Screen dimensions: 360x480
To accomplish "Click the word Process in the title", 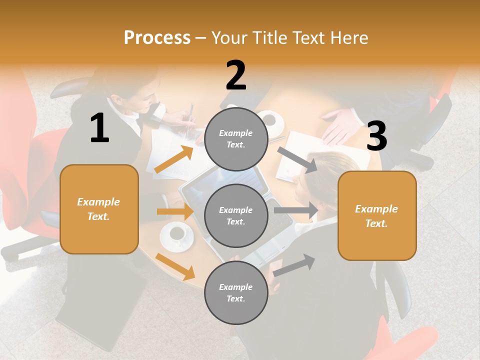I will [157, 38].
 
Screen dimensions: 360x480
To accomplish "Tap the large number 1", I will [99, 128].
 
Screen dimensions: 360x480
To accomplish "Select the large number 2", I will [236, 76].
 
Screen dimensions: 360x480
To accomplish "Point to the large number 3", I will [376, 136].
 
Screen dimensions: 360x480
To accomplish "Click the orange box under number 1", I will [99, 209].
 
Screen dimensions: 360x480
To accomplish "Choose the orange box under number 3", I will [377, 216].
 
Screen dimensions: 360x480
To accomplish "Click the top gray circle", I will [236, 139].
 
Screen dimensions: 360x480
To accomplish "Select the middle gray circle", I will [236, 216].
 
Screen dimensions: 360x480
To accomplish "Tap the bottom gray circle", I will [236, 293].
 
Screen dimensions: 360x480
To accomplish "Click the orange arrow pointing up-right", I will [174, 159].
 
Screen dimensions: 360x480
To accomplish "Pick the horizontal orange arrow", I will [175, 211].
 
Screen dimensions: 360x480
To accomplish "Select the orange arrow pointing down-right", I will [175, 266].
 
